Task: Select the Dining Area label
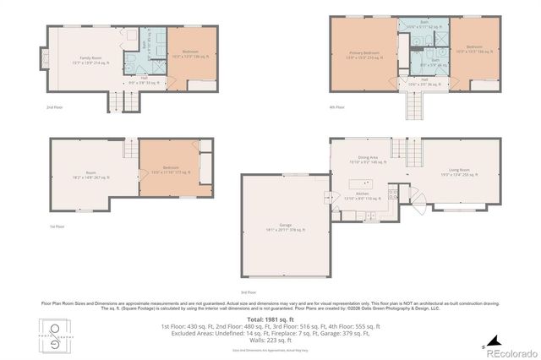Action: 367,158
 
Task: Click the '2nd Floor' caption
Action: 55,108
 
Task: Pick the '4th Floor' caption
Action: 336,108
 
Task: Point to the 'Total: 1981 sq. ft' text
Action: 270,319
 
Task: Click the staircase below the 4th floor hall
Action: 414,106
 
